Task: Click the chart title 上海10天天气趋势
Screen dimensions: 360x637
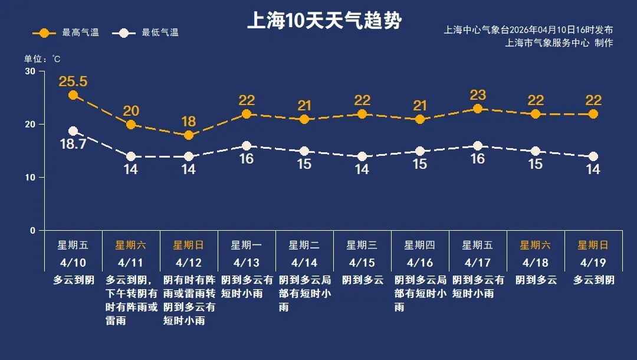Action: [x=324, y=21]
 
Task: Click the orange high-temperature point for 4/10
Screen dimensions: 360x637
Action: [x=73, y=95]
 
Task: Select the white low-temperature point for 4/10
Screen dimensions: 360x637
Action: [x=73, y=131]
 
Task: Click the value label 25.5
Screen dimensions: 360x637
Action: [x=73, y=81]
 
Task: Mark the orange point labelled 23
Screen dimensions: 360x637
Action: [x=478, y=109]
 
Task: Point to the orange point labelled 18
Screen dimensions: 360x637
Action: [x=189, y=135]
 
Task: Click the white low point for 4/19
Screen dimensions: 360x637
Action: [x=593, y=156]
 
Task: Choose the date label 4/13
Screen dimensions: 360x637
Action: [x=246, y=262]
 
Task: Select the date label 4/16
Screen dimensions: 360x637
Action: [x=419, y=262]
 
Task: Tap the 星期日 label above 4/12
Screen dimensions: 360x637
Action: [x=188, y=245]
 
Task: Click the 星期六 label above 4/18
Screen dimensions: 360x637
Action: [x=535, y=245]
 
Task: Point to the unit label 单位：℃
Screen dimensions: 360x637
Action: [x=42, y=59]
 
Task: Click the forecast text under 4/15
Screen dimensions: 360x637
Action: [x=362, y=280]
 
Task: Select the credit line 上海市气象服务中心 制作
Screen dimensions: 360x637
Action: [x=559, y=42]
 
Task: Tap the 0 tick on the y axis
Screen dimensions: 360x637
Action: [x=33, y=231]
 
